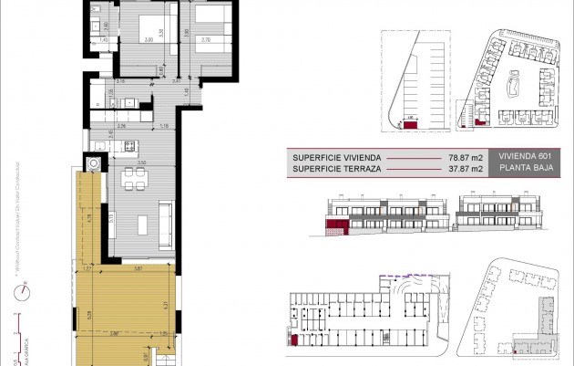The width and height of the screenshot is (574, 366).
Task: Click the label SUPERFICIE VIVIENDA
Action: click(334, 156)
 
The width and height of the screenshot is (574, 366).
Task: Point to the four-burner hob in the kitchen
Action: click(129, 146)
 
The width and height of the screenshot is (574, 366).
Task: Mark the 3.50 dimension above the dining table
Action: click(142, 161)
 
